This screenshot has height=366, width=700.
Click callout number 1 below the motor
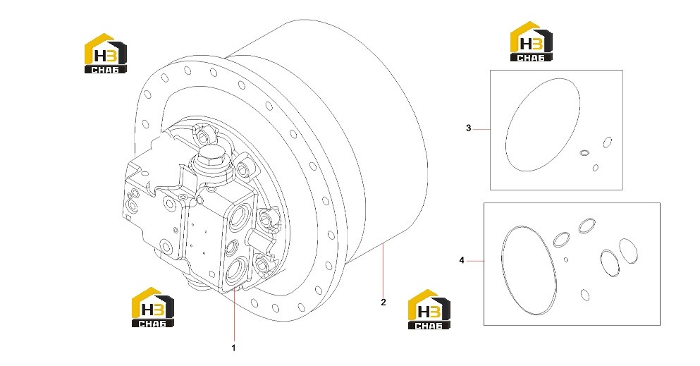tap(233, 347)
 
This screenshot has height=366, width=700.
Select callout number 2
tap(383, 302)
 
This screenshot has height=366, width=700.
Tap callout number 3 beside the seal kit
tap(468, 128)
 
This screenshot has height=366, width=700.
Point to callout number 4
tap(462, 260)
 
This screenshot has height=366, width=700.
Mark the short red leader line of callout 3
tap(481, 129)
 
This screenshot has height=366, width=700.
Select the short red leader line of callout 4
tap(475, 260)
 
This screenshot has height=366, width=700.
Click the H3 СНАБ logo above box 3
tap(532, 41)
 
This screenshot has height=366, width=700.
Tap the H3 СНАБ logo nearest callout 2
tap(429, 310)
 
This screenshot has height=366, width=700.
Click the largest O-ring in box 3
tap(543, 125)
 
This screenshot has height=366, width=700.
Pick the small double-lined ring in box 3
tap(584, 153)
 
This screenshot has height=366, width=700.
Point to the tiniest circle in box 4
tap(566, 260)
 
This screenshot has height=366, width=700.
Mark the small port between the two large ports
tap(233, 246)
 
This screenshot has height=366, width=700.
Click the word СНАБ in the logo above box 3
tap(532, 56)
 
